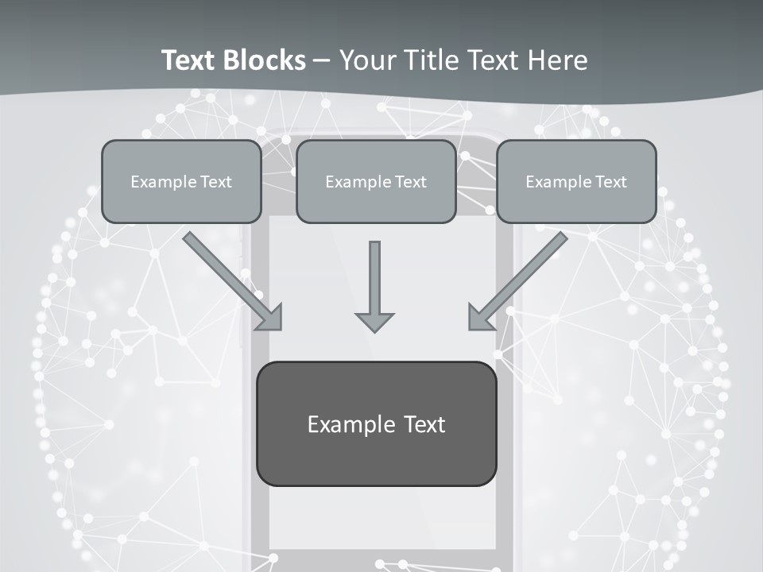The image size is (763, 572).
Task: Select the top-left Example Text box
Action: (x=181, y=181)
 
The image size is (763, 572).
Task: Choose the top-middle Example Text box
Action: (x=376, y=181)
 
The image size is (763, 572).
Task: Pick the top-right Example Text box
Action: (x=576, y=181)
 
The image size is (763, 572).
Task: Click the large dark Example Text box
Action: (x=376, y=423)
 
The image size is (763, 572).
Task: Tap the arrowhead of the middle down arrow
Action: (x=374, y=321)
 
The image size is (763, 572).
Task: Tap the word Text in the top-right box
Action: (x=610, y=182)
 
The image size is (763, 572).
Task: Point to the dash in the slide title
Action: (x=322, y=61)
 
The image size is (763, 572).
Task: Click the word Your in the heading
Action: (x=366, y=60)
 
